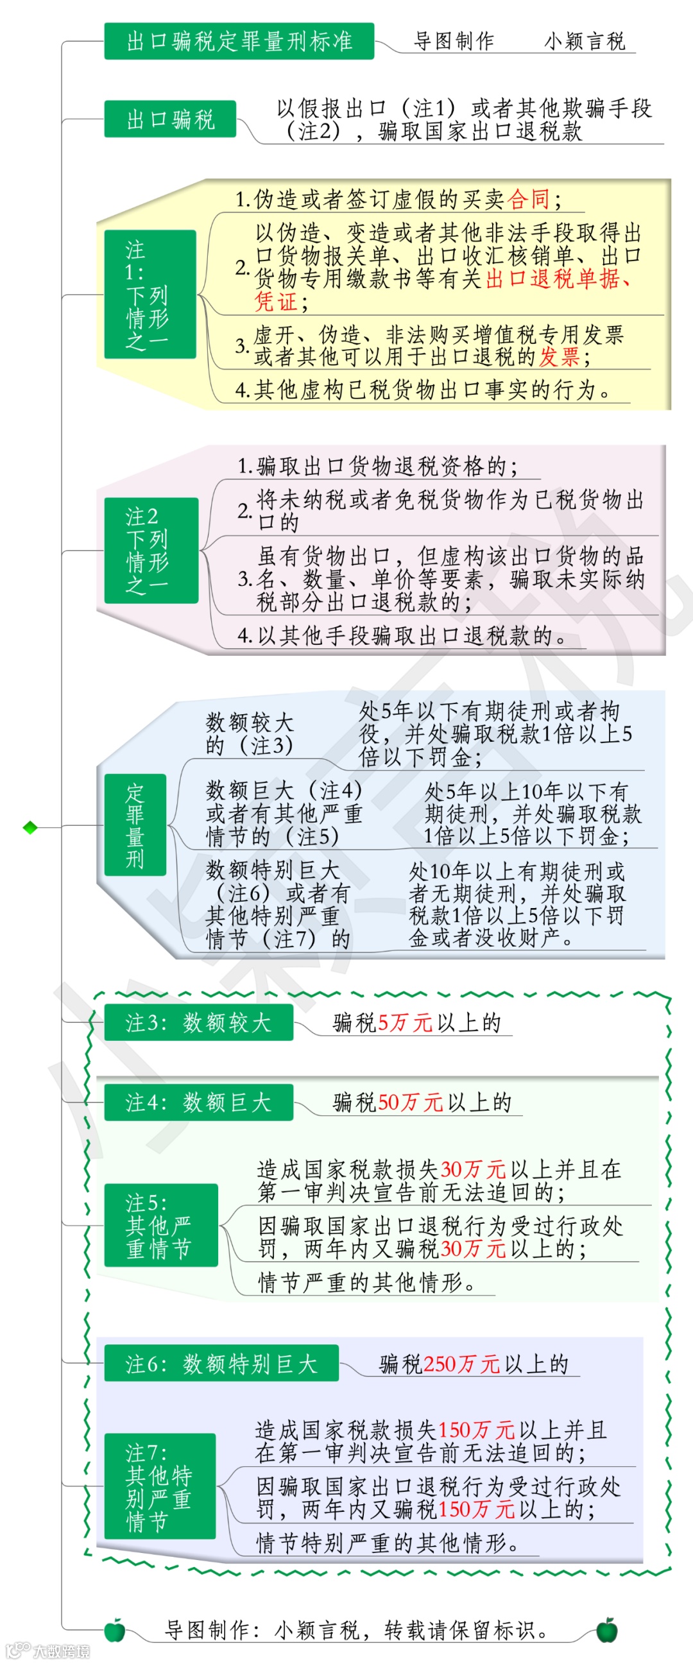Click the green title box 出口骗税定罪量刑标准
(x=239, y=41)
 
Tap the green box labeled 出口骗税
(x=170, y=119)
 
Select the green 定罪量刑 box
(x=135, y=825)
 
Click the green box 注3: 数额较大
(x=198, y=1022)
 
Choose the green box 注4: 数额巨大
(x=198, y=1102)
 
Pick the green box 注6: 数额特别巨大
(x=221, y=1364)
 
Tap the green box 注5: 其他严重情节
(x=161, y=1226)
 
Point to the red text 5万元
(x=405, y=1022)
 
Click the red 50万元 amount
(x=410, y=1102)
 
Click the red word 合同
(x=529, y=200)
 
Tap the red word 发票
(x=560, y=357)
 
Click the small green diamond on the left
(x=30, y=827)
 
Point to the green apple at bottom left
(x=115, y=1631)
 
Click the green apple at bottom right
(x=606, y=1631)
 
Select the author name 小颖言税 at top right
(x=585, y=42)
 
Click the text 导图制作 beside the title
(x=454, y=42)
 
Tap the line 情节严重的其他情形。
(x=367, y=1282)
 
